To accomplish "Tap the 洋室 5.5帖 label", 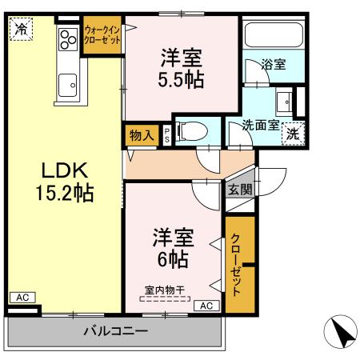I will point(181,68).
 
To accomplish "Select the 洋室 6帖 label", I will point(173,248).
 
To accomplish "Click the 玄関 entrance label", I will point(239,190).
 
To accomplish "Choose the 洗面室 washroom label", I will point(261,126).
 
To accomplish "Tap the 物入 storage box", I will point(142,135).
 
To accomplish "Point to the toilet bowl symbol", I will point(190,130).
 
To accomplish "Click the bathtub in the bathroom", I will point(272,36).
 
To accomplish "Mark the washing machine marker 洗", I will point(294,133).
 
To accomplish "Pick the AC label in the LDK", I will point(22,298).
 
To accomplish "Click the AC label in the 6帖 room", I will point(205,305).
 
